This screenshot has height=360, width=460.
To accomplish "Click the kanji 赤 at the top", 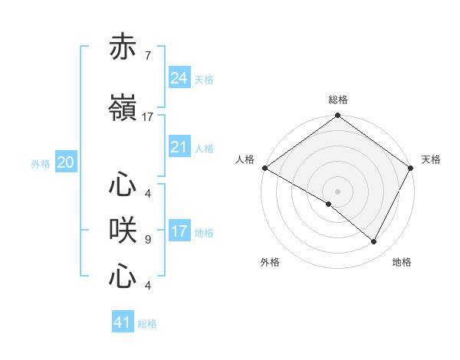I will pyautogui.click(x=123, y=47).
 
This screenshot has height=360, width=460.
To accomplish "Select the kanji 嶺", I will pyautogui.click(x=123, y=109).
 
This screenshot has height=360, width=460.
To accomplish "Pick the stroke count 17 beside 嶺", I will pyautogui.click(x=148, y=117).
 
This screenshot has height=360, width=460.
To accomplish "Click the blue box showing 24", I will pyautogui.click(x=179, y=77).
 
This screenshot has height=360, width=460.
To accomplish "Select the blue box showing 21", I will pyautogui.click(x=179, y=147).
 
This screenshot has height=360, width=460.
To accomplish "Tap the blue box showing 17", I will pyautogui.click(x=179, y=231).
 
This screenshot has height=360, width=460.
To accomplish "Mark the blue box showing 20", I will pyautogui.click(x=66, y=162).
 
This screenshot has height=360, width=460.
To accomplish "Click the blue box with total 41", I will pyautogui.click(x=123, y=322).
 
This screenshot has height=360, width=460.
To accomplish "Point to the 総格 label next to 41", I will pyautogui.click(x=147, y=324).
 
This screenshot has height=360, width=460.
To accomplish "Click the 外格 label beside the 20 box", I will pyautogui.click(x=41, y=164).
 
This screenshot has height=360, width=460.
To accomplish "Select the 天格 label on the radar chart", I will pyautogui.click(x=431, y=159).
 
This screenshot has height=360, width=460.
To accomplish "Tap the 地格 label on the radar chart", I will pyautogui.click(x=402, y=262).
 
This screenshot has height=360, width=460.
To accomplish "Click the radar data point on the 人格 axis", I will pyautogui.click(x=264, y=168).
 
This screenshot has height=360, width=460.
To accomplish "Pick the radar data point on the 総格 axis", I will pyautogui.click(x=337, y=116).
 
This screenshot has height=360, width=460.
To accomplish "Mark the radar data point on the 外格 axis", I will pyautogui.click(x=329, y=204).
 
